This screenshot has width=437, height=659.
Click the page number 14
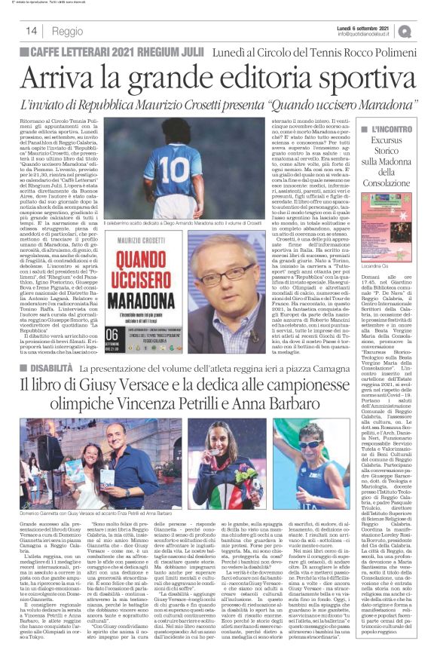click(32, 31)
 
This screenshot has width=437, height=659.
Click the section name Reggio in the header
click(68, 31)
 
